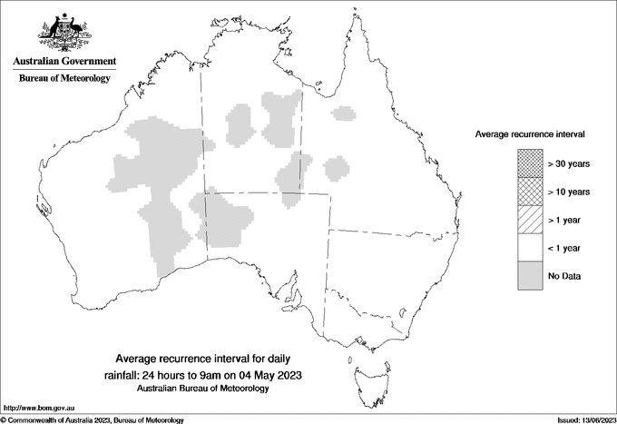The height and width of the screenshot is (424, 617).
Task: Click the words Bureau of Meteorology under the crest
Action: [64, 79]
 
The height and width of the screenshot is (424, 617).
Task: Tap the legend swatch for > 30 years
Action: [530, 163]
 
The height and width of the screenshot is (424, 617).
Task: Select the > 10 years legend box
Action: [530, 192]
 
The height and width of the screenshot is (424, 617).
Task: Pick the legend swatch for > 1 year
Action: [530, 220]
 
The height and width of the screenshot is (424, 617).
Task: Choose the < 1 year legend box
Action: [530, 248]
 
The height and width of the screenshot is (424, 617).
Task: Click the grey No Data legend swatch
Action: [530, 276]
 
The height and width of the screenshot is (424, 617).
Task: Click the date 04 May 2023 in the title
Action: [265, 374]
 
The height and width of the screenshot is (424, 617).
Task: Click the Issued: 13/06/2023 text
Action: [583, 419]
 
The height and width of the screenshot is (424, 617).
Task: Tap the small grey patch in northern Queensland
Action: [343, 114]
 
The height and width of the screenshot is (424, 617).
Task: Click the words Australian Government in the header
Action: [64, 62]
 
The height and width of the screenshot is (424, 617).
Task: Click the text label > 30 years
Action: [569, 163]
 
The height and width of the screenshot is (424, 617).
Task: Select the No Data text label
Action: [565, 276]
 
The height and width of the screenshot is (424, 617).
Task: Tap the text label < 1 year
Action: [567, 248]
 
